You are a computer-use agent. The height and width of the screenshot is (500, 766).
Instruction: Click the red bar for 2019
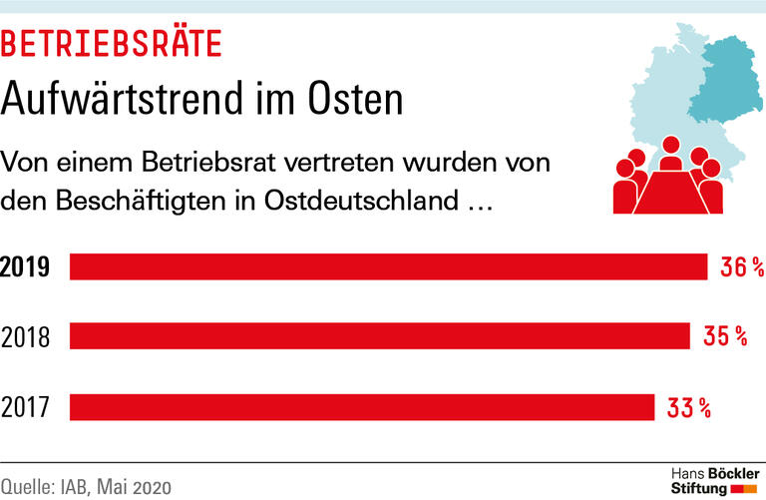[x=388, y=266]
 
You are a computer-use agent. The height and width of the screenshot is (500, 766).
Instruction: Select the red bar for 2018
[x=379, y=336]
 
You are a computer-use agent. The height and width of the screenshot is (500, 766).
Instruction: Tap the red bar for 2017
[x=361, y=407]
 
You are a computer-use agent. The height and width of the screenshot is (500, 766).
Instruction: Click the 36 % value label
[x=742, y=267]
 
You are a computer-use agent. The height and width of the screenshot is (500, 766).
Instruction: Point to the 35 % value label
[x=725, y=337]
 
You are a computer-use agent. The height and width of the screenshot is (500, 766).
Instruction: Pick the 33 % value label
[x=689, y=407]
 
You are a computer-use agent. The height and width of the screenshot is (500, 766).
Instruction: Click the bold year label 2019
[x=25, y=267]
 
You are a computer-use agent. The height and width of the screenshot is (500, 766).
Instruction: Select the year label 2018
[x=27, y=337]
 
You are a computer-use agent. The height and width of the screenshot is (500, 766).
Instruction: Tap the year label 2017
[x=27, y=407]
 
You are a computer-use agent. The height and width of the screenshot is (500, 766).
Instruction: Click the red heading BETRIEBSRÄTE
[x=112, y=44]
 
